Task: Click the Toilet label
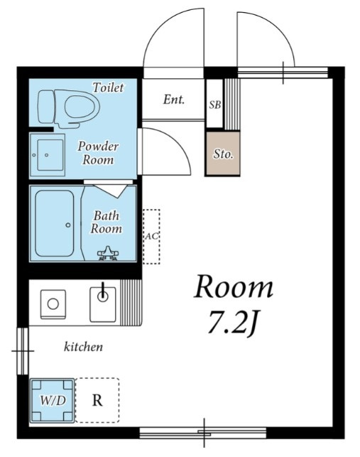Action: pyautogui.click(x=108, y=87)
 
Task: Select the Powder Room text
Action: pyautogui.click(x=98, y=153)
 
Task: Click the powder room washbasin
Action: pyautogui.click(x=47, y=155)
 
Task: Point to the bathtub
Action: pyautogui.click(x=55, y=224)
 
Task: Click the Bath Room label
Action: pyautogui.click(x=106, y=222)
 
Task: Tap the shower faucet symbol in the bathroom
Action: pyautogui.click(x=107, y=253)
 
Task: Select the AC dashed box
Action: pyautogui.click(x=151, y=237)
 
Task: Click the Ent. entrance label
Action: pyautogui.click(x=174, y=100)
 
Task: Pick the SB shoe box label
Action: pyautogui.click(x=215, y=104)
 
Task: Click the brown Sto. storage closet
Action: pyautogui.click(x=223, y=154)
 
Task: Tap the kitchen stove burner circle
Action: pyautogui.click(x=53, y=303)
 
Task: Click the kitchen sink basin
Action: pyautogui.click(x=103, y=304)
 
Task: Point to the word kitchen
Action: pyautogui.click(x=83, y=347)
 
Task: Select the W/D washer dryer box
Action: pyautogui.click(x=53, y=400)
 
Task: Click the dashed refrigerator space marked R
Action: pyautogui.click(x=97, y=400)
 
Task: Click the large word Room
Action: pyautogui.click(x=234, y=286)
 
